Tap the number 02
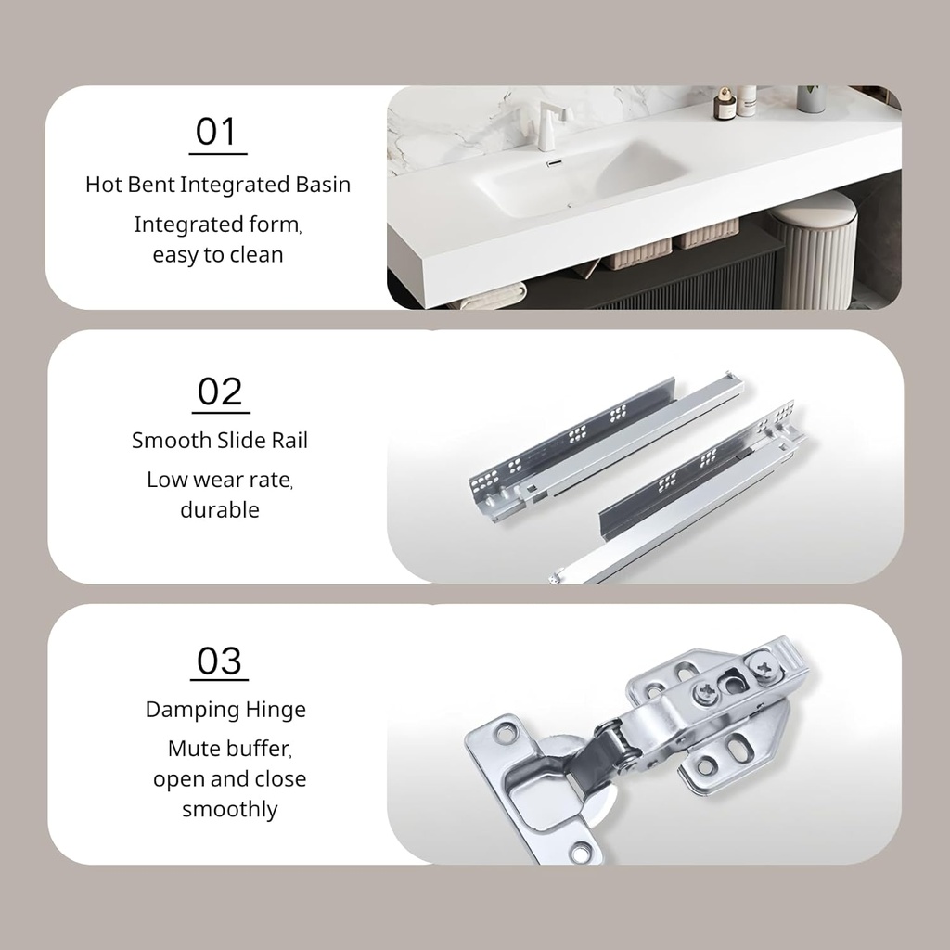[219, 392]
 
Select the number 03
[219, 661]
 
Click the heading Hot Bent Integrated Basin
[218, 185]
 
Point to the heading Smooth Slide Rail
[220, 441]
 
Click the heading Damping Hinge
[225, 710]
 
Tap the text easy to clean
[218, 254]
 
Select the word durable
[220, 509]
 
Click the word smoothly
[230, 809]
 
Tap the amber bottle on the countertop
[725, 104]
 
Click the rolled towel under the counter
[491, 296]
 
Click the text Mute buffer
[230, 749]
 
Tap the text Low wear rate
[220, 480]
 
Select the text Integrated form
[218, 225]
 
